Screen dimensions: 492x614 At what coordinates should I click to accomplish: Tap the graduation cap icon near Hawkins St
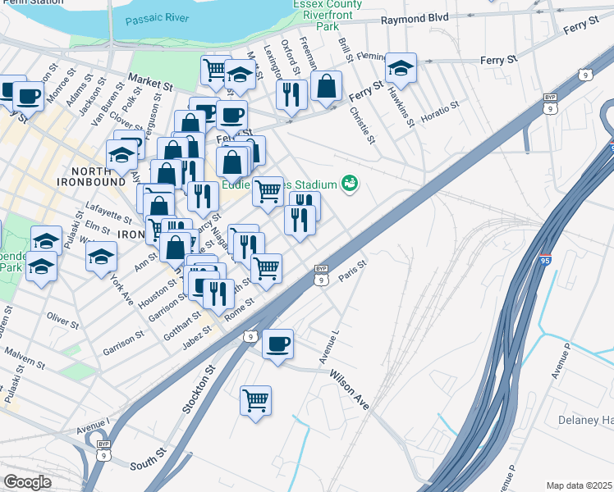click(x=401, y=68)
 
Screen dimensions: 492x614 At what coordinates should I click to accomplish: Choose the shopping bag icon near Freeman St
click(x=326, y=86)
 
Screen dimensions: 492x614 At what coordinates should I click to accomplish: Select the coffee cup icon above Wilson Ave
click(x=277, y=342)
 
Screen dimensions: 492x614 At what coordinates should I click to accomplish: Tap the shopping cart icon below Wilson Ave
click(x=256, y=401)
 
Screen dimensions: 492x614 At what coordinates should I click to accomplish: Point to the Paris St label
click(x=351, y=271)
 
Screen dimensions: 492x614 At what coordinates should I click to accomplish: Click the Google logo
click(x=27, y=482)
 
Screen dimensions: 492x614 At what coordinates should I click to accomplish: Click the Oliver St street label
click(x=62, y=318)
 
